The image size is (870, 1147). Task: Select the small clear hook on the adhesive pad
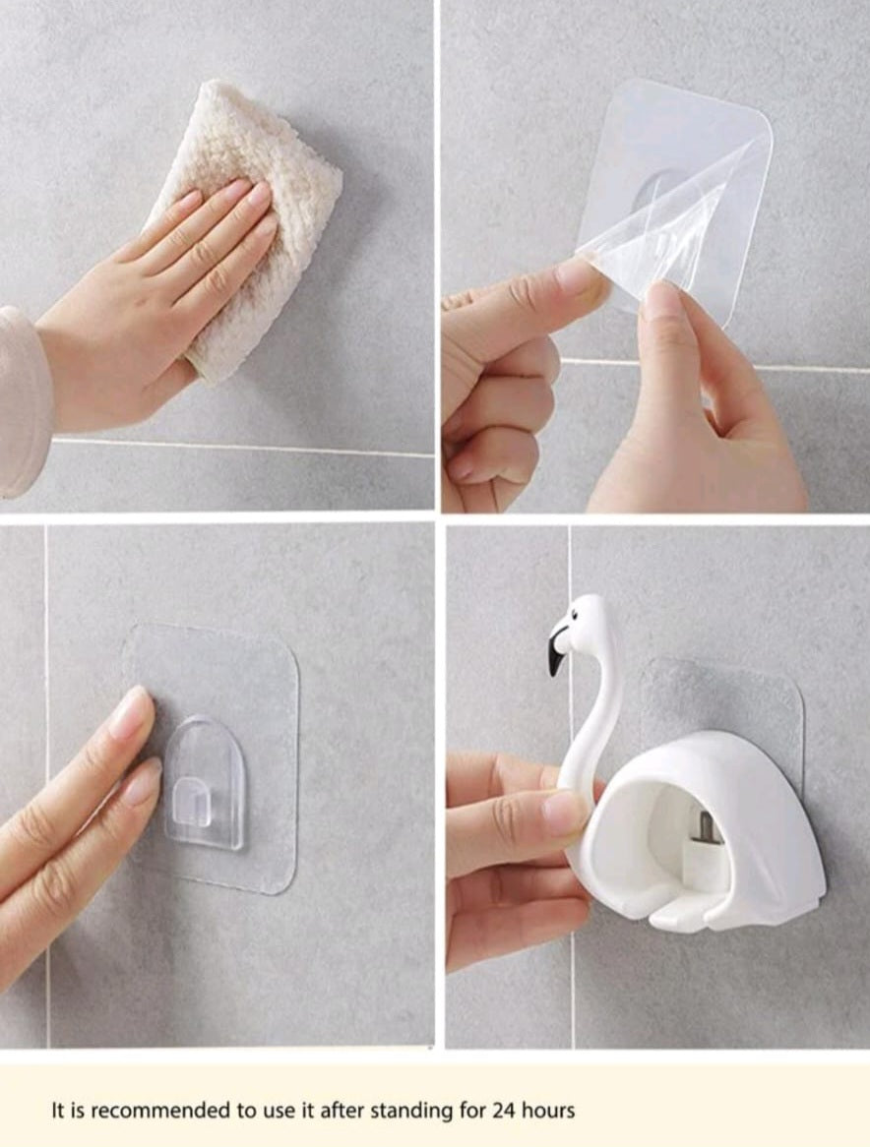204,783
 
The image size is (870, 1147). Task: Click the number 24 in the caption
504,1111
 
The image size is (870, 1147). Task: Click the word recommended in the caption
159,1111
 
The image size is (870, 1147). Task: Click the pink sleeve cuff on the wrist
22,402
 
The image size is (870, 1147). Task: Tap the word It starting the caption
57,1111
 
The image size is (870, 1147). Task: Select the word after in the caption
342,1111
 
